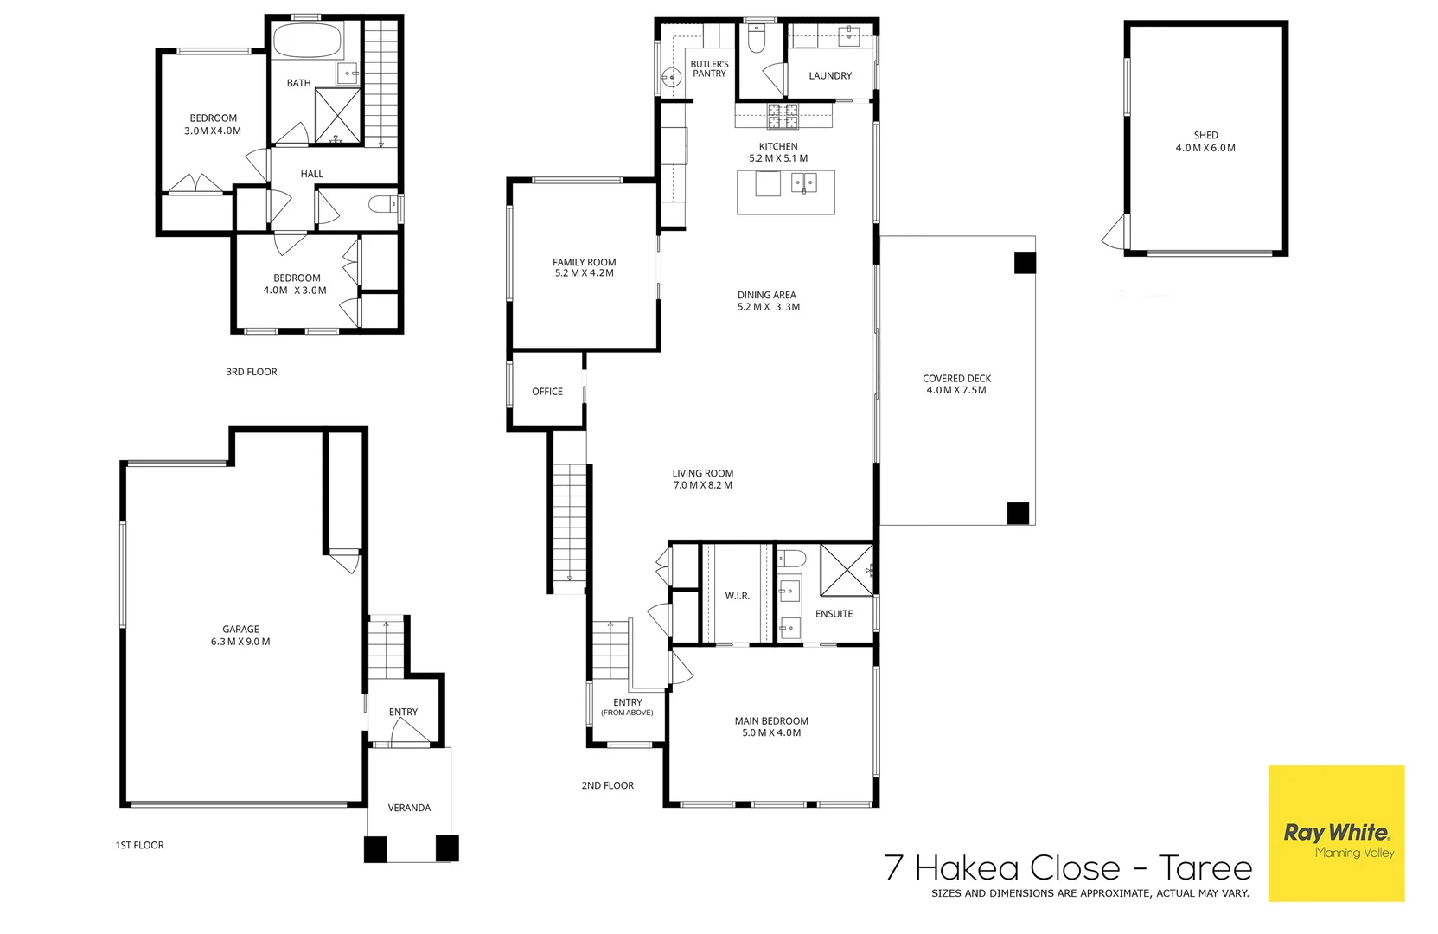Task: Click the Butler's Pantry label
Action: pyautogui.click(x=709, y=68)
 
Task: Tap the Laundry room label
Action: pyautogui.click(x=830, y=76)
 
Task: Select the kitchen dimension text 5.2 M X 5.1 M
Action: pyautogui.click(x=778, y=159)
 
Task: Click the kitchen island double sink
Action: pyautogui.click(x=803, y=182)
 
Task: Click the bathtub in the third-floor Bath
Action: pyautogui.click(x=307, y=41)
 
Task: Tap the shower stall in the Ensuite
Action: pyautogui.click(x=847, y=569)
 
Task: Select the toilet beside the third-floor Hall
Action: pyautogui.click(x=381, y=205)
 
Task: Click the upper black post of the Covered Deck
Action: pyautogui.click(x=1024, y=262)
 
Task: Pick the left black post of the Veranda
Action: pyautogui.click(x=375, y=848)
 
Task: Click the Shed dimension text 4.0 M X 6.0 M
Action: pyautogui.click(x=1205, y=148)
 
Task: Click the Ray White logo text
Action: pyautogui.click(x=1336, y=833)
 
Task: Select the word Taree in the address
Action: pyautogui.click(x=1205, y=867)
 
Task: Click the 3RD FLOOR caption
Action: pyautogui.click(x=252, y=372)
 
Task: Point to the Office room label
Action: pyautogui.click(x=547, y=392)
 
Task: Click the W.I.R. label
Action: pyautogui.click(x=737, y=596)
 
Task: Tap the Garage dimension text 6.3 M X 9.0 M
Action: pyautogui.click(x=240, y=642)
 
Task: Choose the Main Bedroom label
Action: pyautogui.click(x=771, y=720)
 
